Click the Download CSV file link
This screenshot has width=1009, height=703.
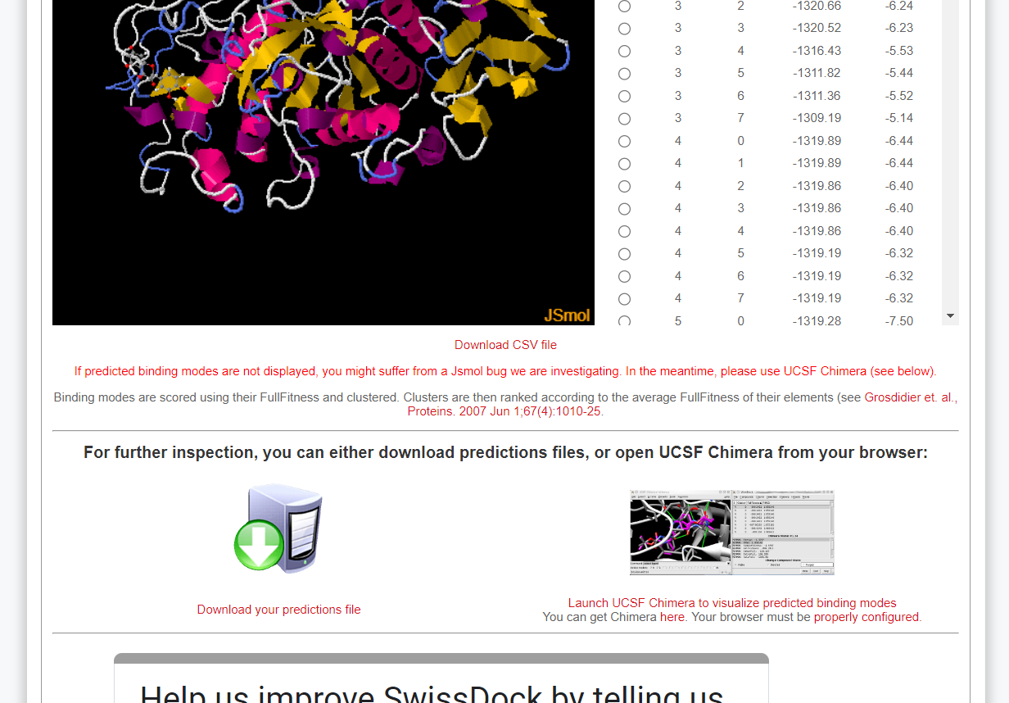505,345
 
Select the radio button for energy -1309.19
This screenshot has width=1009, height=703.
624,119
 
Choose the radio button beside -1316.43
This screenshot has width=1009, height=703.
624,51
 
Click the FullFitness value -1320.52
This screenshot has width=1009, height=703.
817,28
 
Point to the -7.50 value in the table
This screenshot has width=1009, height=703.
898,321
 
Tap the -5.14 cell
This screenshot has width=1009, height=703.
898,118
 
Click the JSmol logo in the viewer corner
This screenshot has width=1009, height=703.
567,315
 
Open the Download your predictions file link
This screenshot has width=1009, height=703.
278,610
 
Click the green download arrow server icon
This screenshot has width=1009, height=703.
278,528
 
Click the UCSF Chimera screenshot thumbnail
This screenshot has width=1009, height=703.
731,533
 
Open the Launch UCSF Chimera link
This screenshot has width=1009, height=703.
732,603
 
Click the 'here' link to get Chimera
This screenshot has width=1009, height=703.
672,617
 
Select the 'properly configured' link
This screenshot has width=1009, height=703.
866,617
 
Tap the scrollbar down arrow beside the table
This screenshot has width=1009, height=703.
950,315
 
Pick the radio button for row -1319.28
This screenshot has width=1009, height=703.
624,321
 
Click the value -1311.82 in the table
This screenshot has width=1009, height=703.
817,73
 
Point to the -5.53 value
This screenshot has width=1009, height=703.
898,51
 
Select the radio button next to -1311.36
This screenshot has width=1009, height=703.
624,96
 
